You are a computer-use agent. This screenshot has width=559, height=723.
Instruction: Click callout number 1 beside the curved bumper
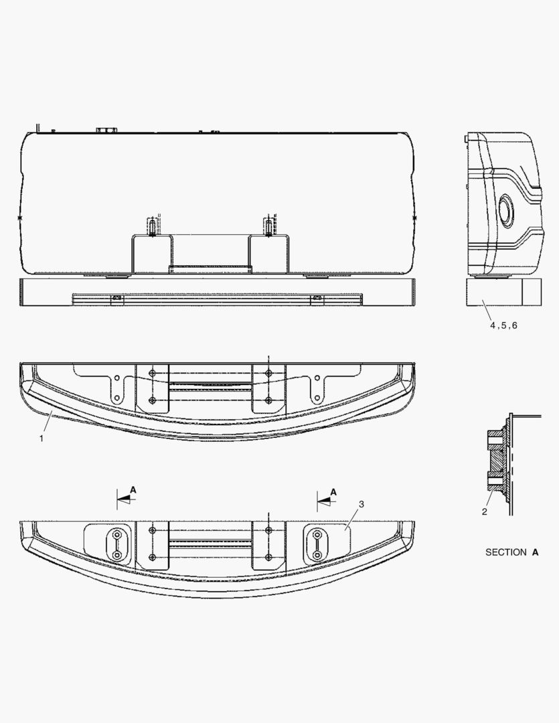(41, 438)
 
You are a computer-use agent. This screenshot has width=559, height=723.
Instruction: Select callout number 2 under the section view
(485, 512)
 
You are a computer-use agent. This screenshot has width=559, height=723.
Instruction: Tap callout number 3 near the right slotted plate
(361, 504)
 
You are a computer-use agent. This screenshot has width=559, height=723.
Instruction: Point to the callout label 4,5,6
(503, 325)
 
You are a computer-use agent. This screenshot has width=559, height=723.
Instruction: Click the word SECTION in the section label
(505, 552)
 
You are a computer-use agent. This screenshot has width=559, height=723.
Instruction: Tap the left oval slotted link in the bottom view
(117, 546)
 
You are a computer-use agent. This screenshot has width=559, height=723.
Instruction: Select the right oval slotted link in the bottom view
(315, 546)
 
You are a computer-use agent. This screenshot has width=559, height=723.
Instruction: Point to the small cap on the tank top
(106, 129)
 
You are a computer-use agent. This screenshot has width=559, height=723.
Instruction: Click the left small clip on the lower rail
(116, 298)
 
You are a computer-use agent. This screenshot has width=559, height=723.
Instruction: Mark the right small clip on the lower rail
(317, 298)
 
